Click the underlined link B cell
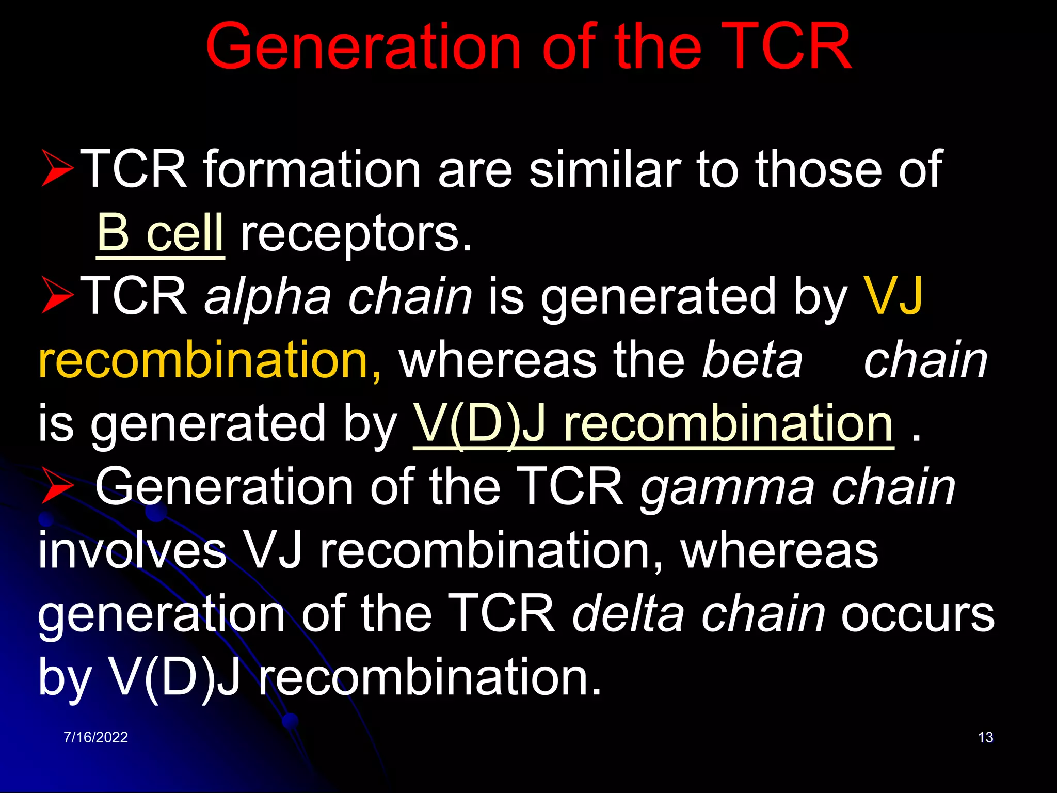tap(161, 233)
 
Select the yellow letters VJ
tap(892, 296)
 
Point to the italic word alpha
tap(267, 297)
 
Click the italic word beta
tap(752, 360)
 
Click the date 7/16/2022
tap(96, 737)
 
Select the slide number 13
tap(985, 737)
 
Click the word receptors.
tap(356, 233)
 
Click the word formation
tap(312, 169)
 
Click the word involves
tap(132, 551)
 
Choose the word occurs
tap(917, 614)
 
